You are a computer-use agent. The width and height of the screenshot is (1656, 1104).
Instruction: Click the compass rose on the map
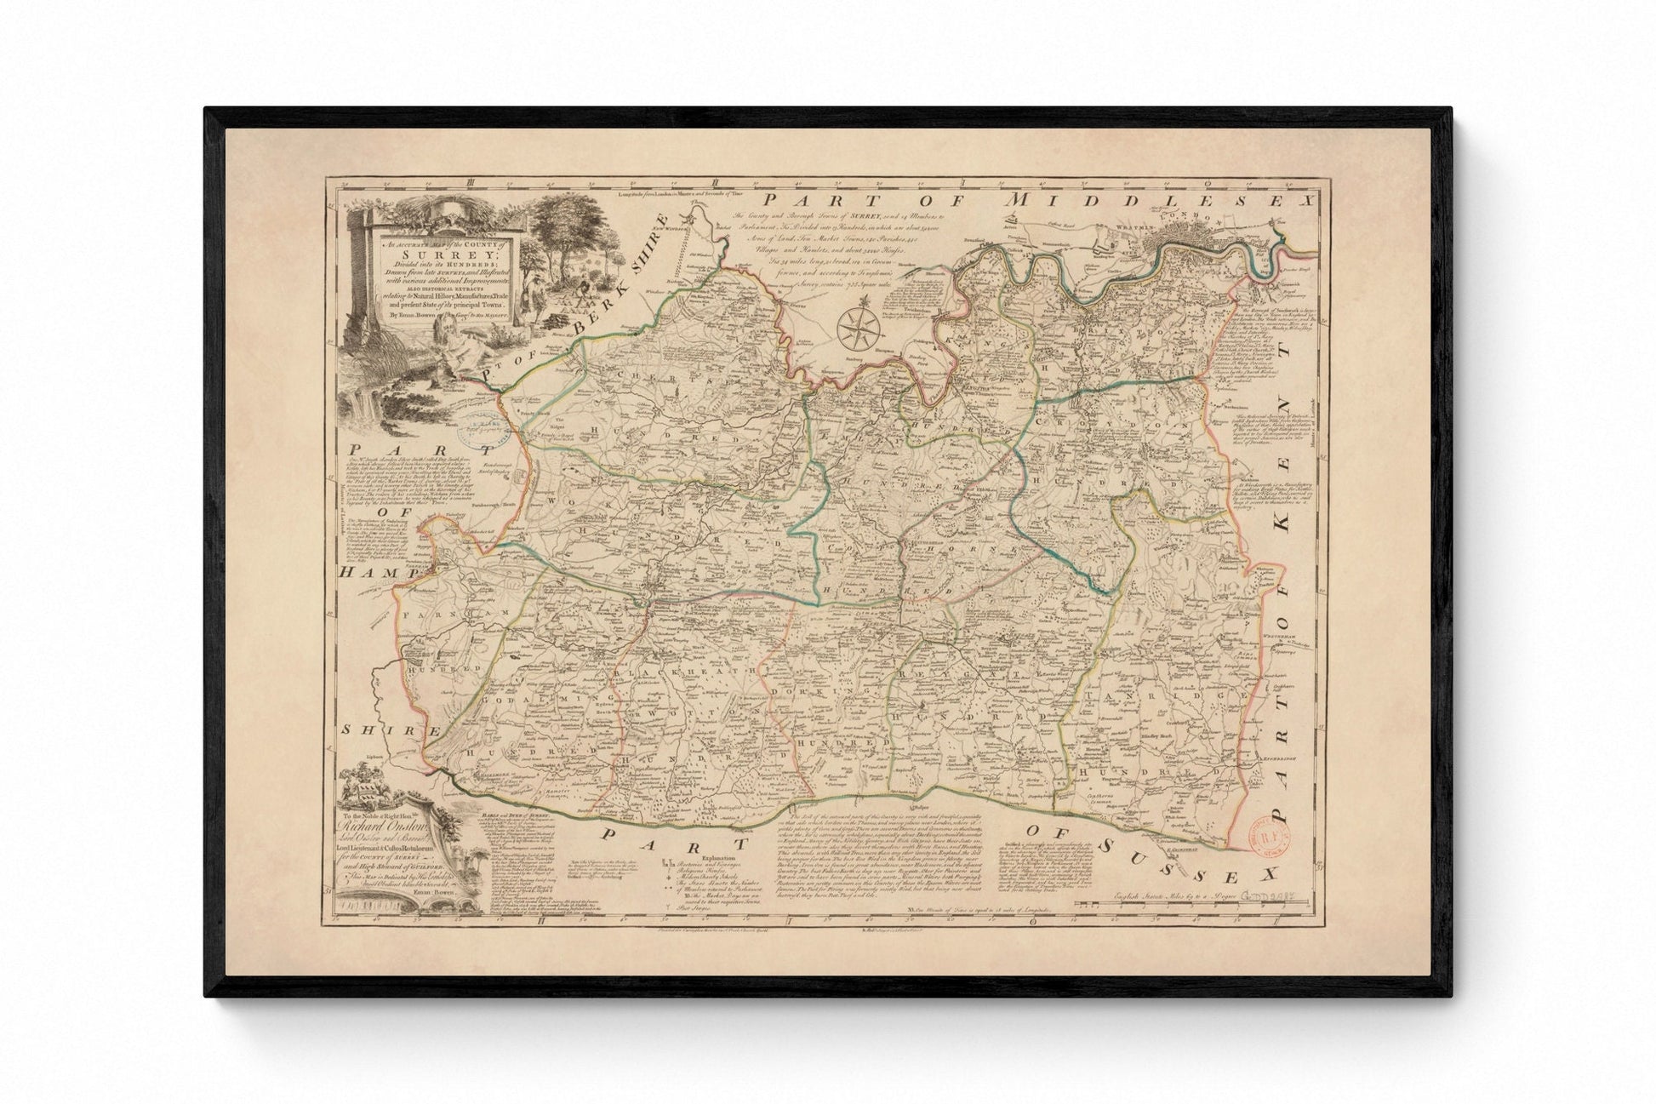tap(861, 328)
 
